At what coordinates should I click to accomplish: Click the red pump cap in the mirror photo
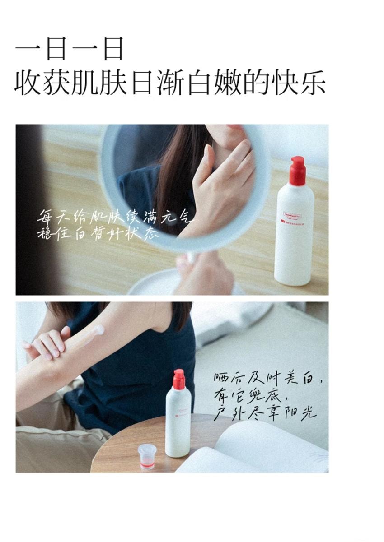297,170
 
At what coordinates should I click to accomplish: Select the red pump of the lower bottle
179,380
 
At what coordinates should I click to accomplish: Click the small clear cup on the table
147,456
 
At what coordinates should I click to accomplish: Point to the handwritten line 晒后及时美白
268,378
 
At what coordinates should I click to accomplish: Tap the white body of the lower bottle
178,424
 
